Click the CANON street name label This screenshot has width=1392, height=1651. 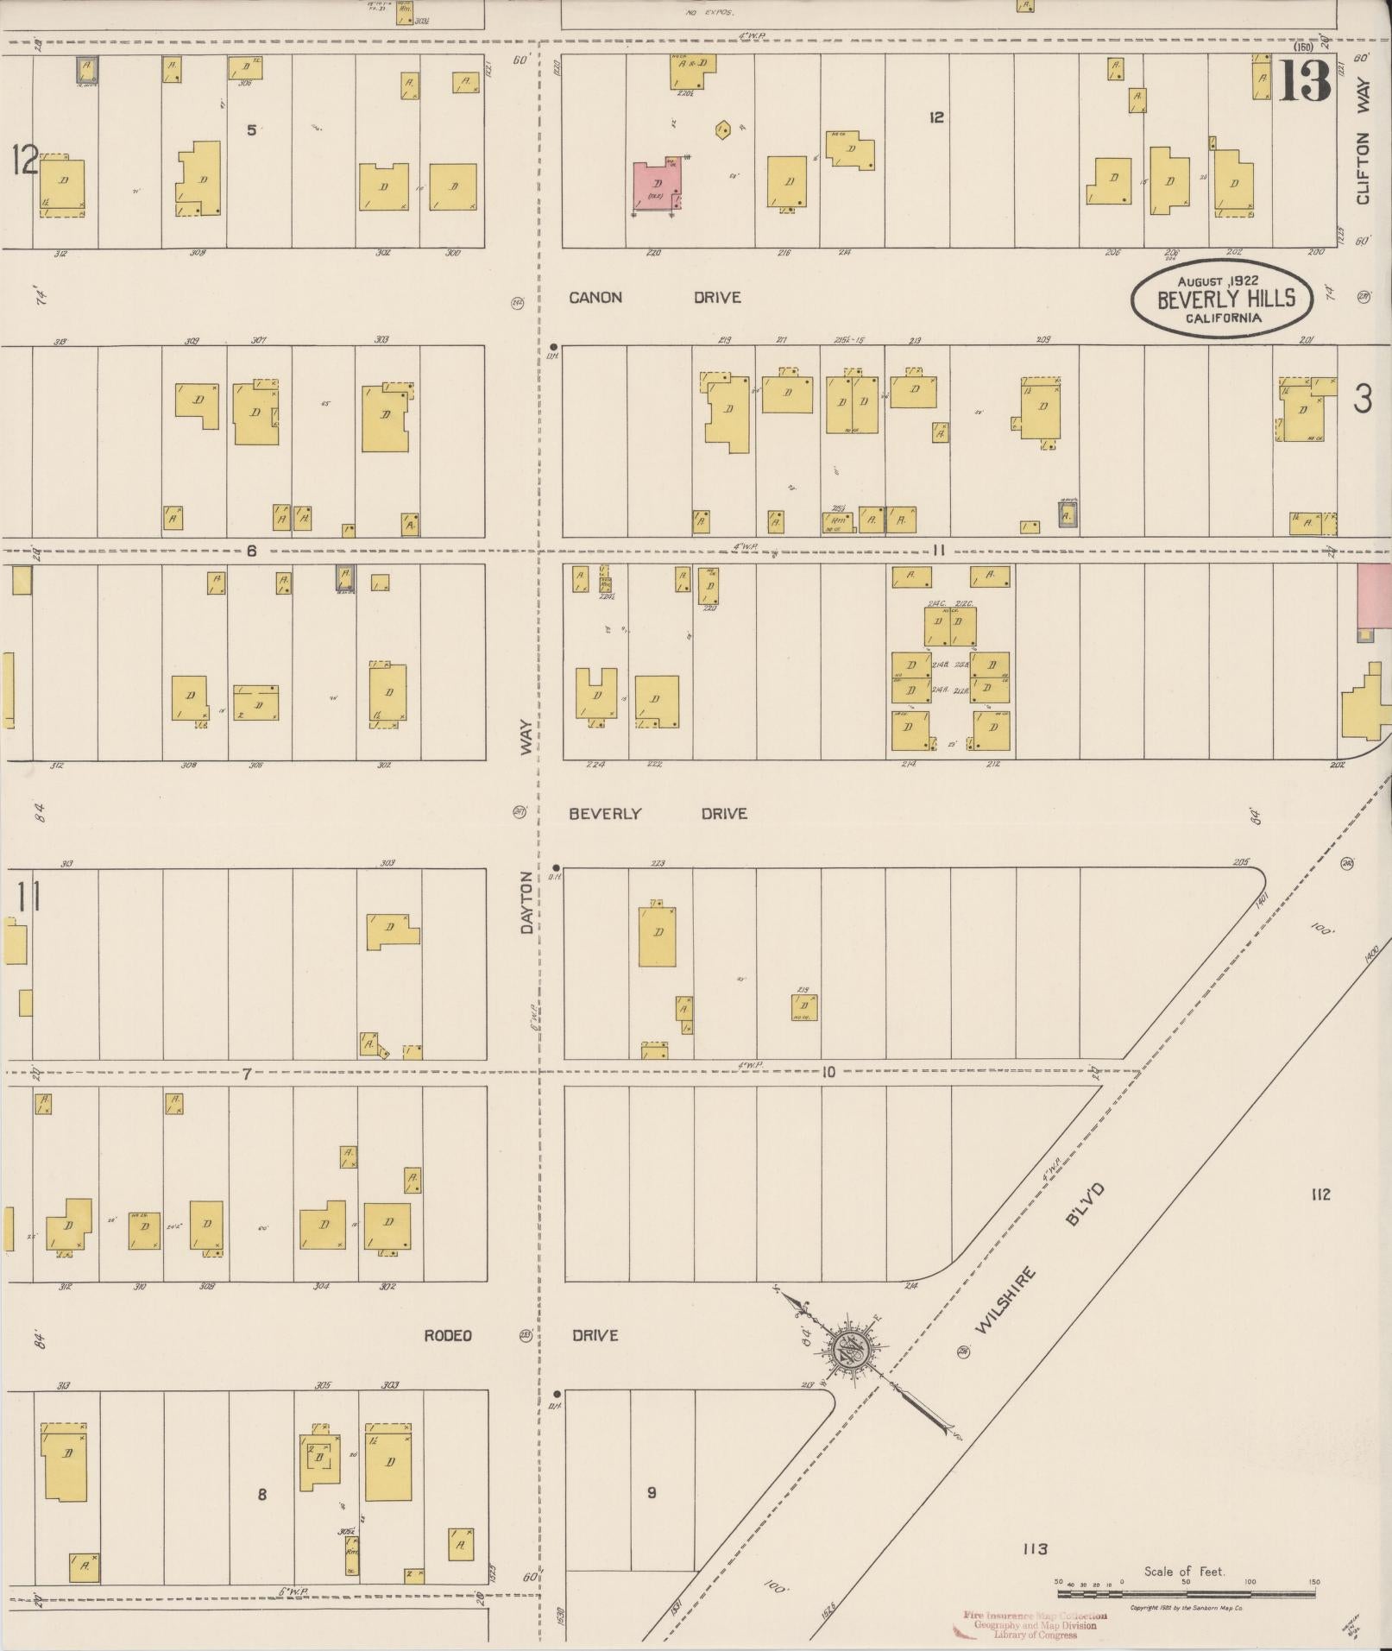595,298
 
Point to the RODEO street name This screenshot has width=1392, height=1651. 448,1335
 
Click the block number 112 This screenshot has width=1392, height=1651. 1320,1194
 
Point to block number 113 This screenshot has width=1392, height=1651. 1035,1549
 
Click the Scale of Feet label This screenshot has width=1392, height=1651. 1184,1572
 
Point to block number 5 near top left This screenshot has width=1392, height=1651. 251,130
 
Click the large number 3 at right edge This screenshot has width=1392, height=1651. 1363,399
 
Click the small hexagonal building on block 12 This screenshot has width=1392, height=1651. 723,130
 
